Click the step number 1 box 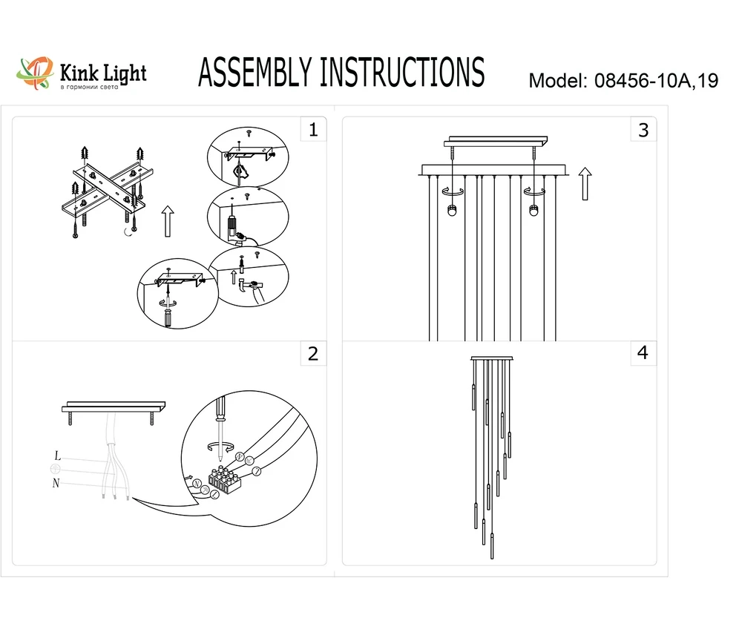(313, 131)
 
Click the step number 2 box (313, 354)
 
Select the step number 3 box (643, 131)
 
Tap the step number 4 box (643, 354)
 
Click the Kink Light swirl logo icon (36, 73)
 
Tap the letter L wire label (57, 456)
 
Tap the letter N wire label (56, 484)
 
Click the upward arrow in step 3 (585, 184)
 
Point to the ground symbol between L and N (55, 470)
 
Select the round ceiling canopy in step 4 (492, 360)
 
